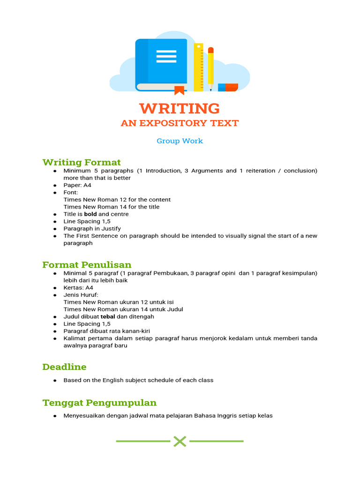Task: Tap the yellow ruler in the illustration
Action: point(199,66)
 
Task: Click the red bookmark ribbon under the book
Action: point(179,90)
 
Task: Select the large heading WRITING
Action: point(180,108)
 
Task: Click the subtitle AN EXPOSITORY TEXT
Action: point(180,123)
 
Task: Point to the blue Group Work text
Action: point(180,141)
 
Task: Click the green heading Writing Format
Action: point(82,162)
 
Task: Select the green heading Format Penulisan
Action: point(87,265)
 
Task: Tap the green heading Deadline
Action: point(64,367)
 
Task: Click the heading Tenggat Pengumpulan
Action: point(99,403)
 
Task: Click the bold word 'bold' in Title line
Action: point(90,214)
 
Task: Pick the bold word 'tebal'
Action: point(108,317)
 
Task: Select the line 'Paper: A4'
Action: point(77,185)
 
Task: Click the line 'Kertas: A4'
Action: point(78,288)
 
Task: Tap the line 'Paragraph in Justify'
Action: point(92,229)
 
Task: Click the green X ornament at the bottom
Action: point(180,441)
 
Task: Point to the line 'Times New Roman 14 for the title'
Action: point(112,207)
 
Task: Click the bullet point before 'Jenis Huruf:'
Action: point(55,295)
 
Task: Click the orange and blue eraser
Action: point(228,87)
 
